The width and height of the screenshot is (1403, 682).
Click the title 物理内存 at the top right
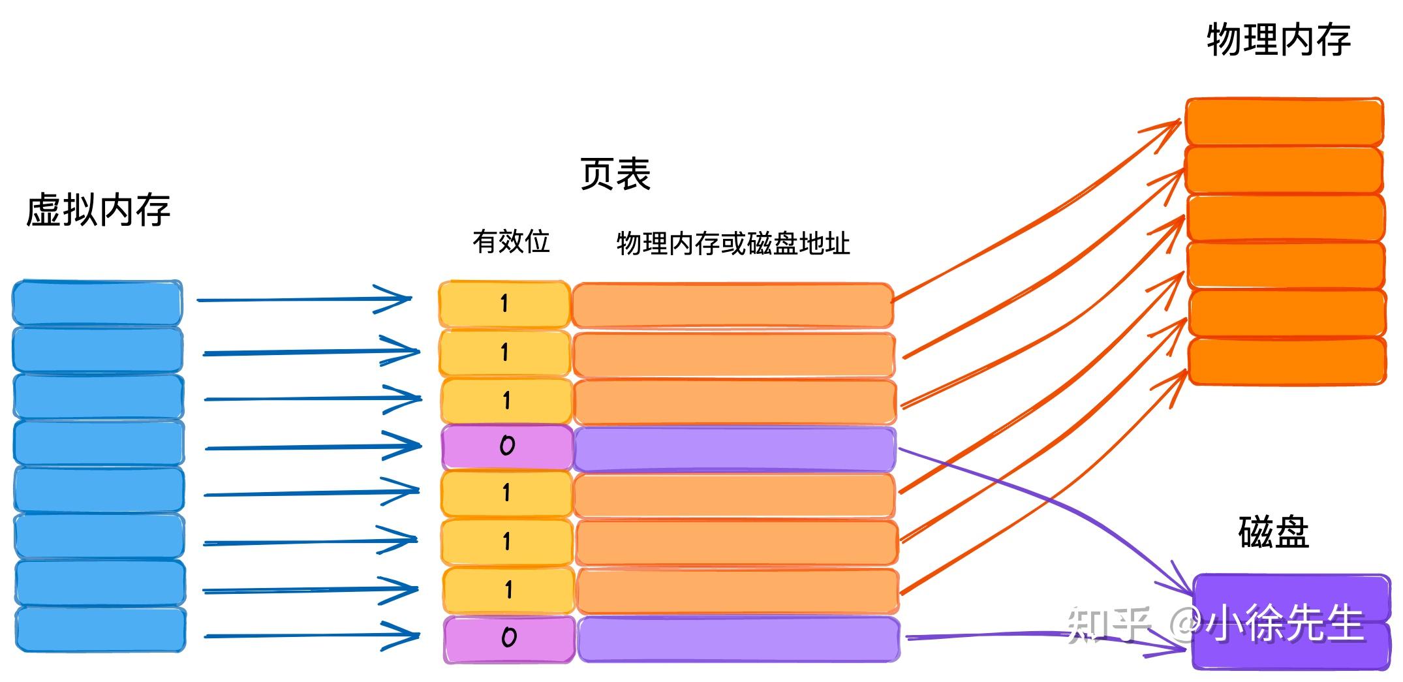(1278, 40)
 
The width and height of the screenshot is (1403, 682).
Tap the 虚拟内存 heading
(98, 210)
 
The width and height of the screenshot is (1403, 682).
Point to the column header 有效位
(511, 241)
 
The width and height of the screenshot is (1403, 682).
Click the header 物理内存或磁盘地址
(733, 243)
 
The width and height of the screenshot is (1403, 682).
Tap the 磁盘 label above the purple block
(1273, 532)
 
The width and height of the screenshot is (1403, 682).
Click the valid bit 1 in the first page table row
(504, 303)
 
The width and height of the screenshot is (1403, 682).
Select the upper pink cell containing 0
(507, 447)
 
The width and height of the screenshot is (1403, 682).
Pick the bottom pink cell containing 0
(509, 638)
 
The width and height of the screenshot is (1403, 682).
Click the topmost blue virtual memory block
(97, 302)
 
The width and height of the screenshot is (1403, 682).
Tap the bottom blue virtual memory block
(100, 629)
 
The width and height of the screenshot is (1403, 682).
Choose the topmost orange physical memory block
(1284, 121)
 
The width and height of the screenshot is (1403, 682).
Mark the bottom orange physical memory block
(1287, 361)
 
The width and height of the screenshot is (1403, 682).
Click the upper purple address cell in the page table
(735, 448)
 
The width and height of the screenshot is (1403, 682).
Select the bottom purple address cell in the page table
(738, 639)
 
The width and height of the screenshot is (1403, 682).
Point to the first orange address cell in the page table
(732, 305)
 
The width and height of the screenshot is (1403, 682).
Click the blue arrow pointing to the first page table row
(303, 300)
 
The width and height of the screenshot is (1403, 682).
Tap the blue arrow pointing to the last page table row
(311, 635)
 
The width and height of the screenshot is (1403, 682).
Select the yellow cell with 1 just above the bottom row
(508, 591)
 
